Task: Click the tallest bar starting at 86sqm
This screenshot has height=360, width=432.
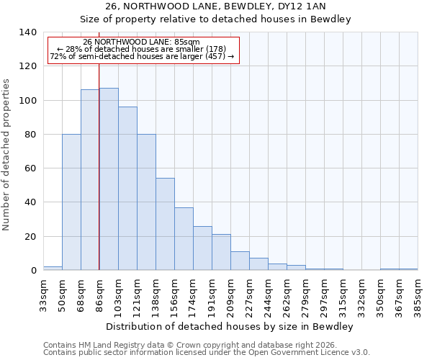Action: pos(109,179)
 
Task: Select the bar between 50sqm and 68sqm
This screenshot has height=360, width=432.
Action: pos(71,202)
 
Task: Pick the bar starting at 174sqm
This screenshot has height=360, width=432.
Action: pos(202,248)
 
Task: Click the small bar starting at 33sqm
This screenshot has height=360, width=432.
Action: pos(53,268)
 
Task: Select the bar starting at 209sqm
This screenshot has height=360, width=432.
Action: pos(240,261)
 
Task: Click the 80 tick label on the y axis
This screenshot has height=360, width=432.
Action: pos(30,135)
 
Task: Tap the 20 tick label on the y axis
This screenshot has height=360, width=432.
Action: pos(30,237)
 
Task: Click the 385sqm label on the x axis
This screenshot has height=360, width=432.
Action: pos(418,295)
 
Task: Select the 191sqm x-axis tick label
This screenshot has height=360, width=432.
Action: pos(212,295)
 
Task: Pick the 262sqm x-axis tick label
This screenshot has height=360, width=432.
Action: pos(287,295)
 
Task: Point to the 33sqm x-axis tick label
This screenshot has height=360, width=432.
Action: pos(43,295)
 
